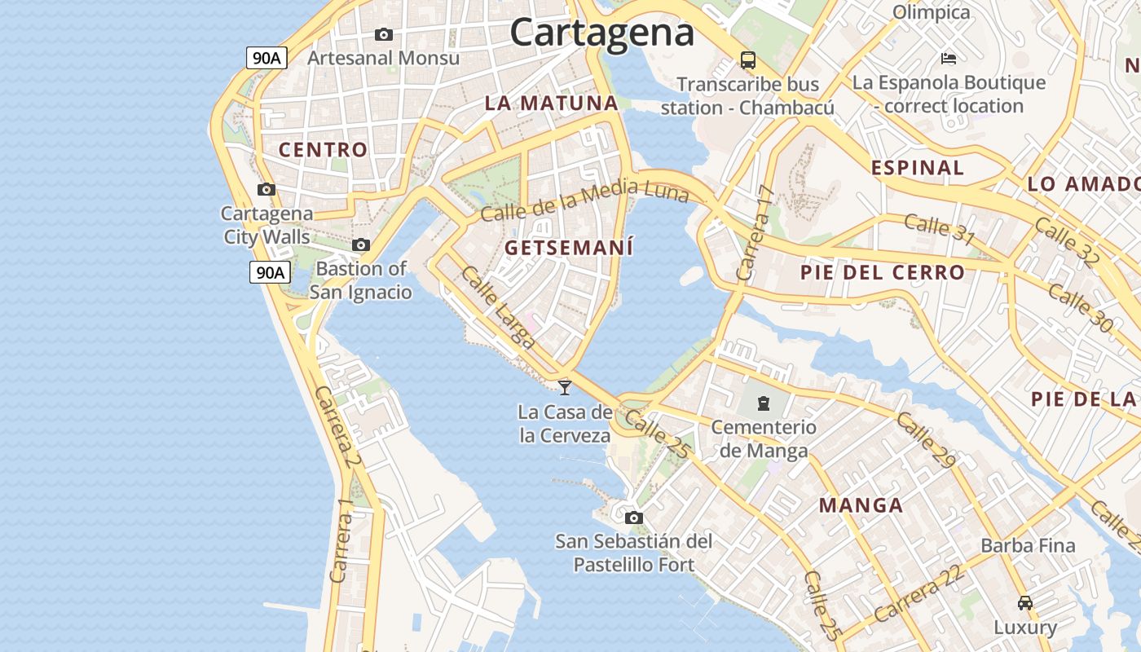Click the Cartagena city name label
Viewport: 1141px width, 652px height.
point(601,33)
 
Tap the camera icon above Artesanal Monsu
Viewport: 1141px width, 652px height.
point(383,34)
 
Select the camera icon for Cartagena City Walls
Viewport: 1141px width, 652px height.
point(266,190)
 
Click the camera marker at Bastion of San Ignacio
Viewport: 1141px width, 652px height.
point(361,244)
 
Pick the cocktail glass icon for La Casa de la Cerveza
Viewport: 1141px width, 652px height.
point(565,387)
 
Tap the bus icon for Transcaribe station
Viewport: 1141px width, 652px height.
point(747,59)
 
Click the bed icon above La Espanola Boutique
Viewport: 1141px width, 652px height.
point(949,58)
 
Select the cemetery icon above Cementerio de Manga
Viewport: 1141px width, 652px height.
point(764,403)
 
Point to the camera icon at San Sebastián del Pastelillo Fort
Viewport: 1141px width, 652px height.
point(633,518)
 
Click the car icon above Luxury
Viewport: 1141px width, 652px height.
point(1025,603)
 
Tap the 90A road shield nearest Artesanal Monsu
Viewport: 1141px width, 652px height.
point(267,58)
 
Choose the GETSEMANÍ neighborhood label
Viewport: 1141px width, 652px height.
point(569,248)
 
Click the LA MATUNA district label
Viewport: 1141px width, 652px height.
point(552,104)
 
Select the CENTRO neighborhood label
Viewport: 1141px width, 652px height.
point(324,150)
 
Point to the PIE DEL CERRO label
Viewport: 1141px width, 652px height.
point(883,272)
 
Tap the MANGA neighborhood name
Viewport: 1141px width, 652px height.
point(861,505)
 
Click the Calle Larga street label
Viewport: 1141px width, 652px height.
point(497,307)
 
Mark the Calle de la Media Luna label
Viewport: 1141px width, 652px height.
point(584,200)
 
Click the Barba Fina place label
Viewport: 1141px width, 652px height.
point(1028,545)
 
